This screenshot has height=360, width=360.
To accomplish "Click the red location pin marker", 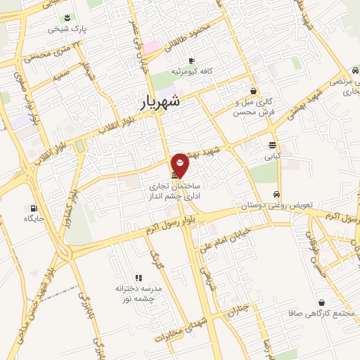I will [180, 165].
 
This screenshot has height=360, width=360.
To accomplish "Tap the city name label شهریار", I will [156, 103].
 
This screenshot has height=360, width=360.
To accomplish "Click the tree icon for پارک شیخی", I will [66, 17].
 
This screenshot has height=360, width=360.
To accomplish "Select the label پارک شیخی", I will [65, 30].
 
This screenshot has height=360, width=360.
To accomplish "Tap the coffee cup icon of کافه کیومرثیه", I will [191, 60].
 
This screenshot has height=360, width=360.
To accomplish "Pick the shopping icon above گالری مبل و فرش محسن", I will [253, 91].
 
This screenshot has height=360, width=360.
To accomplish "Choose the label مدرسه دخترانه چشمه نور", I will [139, 294].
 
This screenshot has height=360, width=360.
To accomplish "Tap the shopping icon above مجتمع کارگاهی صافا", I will [321, 302].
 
